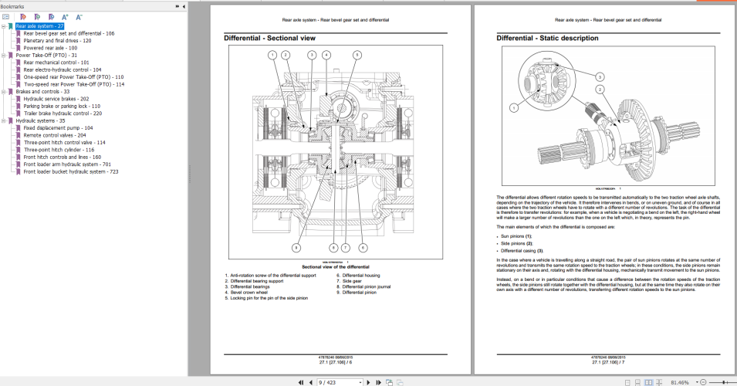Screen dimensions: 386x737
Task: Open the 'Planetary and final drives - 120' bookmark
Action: click(x=58, y=40)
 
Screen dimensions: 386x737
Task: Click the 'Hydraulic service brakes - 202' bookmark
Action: click(x=56, y=99)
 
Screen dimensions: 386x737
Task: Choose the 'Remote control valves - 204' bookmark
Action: click(x=55, y=135)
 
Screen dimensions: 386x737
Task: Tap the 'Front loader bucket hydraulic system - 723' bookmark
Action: click(x=71, y=171)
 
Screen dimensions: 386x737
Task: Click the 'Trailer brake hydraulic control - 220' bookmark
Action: click(x=63, y=113)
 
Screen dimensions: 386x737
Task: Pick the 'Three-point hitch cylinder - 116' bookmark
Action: click(x=59, y=150)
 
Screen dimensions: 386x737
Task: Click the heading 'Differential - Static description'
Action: click(x=548, y=38)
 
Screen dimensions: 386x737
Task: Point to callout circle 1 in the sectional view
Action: click(x=272, y=55)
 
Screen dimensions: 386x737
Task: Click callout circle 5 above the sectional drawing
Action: click(x=357, y=55)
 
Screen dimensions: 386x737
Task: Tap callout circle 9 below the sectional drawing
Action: click(x=296, y=247)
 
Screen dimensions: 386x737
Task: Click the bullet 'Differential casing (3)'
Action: click(x=522, y=250)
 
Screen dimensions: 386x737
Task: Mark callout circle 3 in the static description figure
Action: click(x=600, y=76)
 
